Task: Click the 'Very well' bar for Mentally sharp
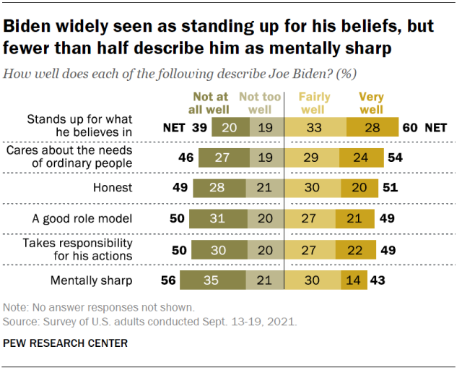pyautogui.click(x=353, y=280)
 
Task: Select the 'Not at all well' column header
pyautogui.click(x=210, y=103)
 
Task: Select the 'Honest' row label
pyautogui.click(x=113, y=188)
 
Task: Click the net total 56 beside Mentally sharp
pyautogui.click(x=169, y=280)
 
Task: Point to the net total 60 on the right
pyautogui.click(x=409, y=127)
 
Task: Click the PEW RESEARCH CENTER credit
pyautogui.click(x=66, y=343)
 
